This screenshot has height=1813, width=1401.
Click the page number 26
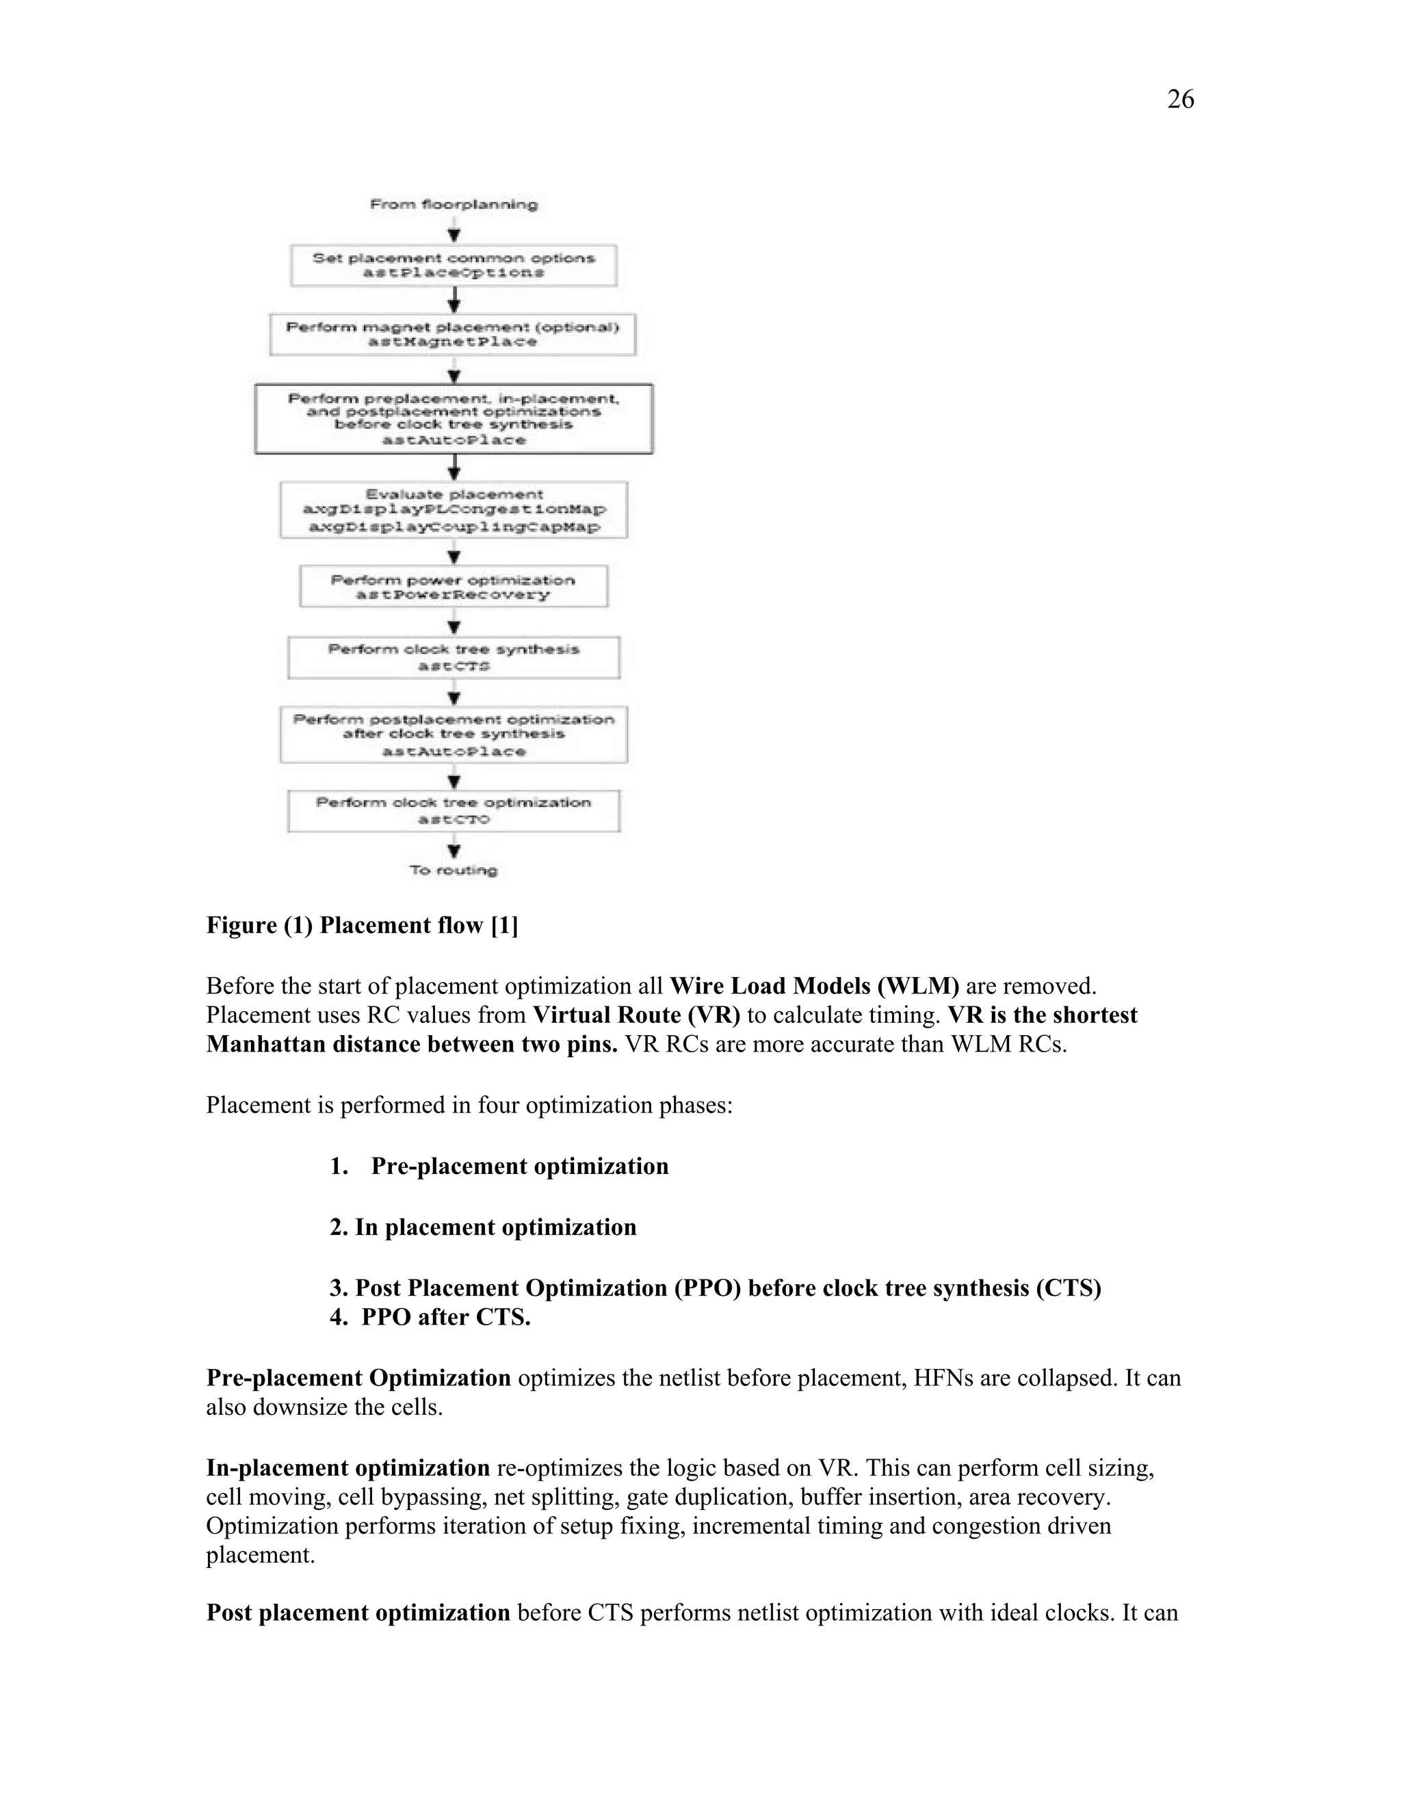click(1180, 100)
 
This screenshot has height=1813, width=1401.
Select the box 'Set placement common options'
click(453, 265)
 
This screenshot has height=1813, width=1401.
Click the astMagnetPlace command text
click(452, 342)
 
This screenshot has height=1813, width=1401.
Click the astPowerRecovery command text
click(452, 595)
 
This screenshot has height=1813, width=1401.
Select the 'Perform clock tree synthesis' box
click(453, 657)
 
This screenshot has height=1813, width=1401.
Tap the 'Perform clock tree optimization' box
click(453, 810)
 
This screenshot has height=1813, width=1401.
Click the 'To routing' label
click(453, 870)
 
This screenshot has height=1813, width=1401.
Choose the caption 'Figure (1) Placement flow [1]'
click(362, 925)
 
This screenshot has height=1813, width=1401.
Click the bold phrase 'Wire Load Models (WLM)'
click(813, 986)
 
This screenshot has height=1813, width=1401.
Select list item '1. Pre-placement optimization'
click(499, 1166)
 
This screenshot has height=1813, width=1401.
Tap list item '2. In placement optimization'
click(482, 1227)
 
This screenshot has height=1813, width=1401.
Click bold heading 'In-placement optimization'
click(348, 1468)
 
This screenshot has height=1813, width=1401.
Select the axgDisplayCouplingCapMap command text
click(453, 527)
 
